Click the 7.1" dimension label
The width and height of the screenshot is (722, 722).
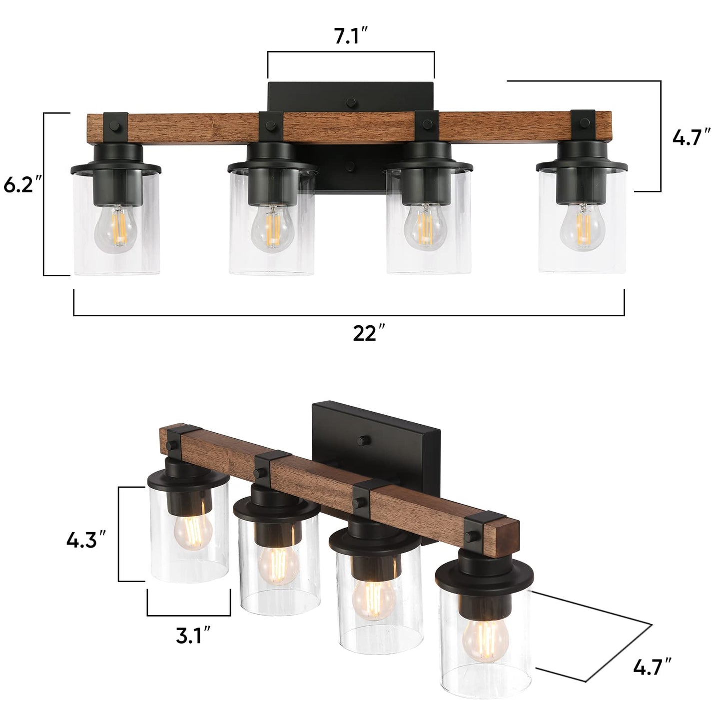351,36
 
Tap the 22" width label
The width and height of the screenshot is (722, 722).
369,333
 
